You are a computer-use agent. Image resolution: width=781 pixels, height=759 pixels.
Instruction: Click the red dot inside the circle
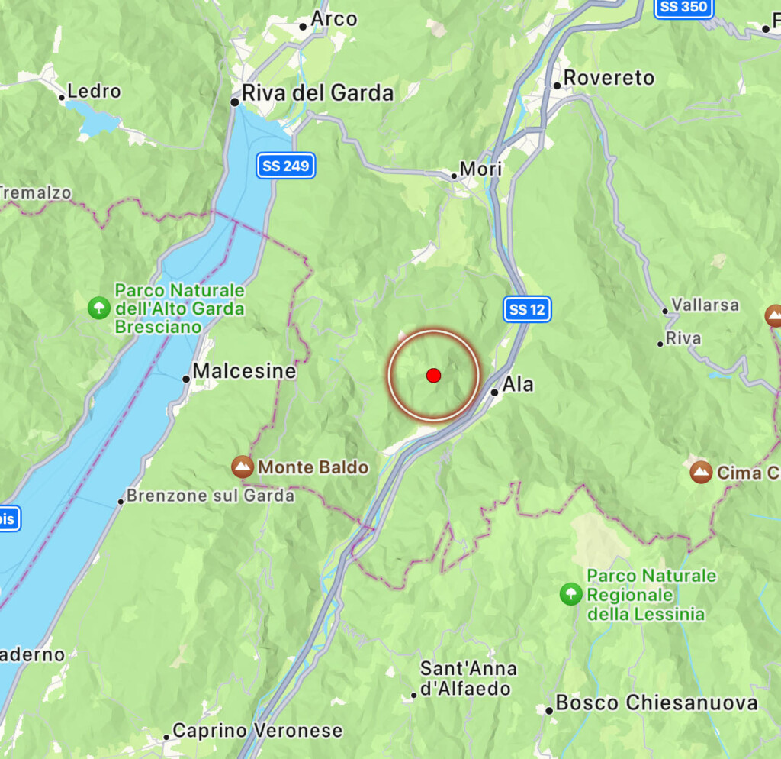tap(433, 375)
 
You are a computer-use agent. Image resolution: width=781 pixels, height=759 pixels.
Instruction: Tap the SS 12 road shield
tap(527, 309)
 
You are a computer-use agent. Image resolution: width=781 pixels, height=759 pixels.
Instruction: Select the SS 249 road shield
tap(286, 166)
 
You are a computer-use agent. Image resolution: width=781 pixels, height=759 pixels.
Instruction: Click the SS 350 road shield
tap(685, 8)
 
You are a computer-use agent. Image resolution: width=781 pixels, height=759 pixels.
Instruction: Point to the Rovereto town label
tap(609, 78)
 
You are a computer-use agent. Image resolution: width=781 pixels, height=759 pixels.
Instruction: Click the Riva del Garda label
tap(317, 93)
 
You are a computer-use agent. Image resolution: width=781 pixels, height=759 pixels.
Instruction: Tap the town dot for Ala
tap(495, 392)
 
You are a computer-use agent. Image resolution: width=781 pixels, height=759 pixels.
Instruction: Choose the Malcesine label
tap(244, 371)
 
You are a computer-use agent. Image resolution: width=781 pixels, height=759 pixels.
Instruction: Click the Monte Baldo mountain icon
tap(243, 467)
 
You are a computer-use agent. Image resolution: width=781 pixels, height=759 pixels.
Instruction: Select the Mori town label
tap(481, 169)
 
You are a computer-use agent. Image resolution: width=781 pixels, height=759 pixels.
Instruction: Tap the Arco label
tap(334, 19)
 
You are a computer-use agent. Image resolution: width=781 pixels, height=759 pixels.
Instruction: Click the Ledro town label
tap(94, 91)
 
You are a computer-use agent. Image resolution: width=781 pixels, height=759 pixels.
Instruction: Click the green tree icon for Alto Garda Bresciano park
tap(98, 308)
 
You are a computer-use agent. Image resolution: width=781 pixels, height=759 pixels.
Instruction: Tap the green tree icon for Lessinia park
tap(570, 594)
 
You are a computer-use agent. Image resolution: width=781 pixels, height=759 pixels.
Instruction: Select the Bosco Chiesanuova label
tap(657, 702)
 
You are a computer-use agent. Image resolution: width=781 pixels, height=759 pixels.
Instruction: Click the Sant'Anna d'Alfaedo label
tap(468, 678)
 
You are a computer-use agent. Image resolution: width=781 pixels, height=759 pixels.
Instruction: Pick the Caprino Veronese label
tap(258, 731)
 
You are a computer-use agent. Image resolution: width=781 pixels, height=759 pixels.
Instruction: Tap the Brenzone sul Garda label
tap(210, 496)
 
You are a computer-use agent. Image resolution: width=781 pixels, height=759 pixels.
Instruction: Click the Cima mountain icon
tap(701, 473)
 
